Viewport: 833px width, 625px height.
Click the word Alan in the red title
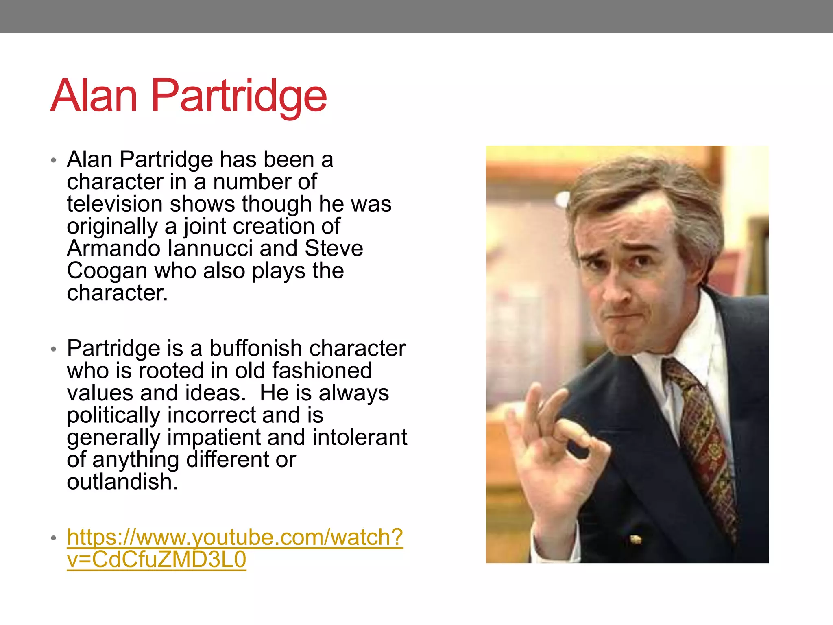pyautogui.click(x=94, y=96)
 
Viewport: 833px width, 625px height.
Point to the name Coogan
pyautogui.click(x=107, y=271)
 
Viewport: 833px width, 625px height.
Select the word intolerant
pyautogui.click(x=360, y=437)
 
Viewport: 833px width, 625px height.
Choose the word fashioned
pyautogui.click(x=322, y=371)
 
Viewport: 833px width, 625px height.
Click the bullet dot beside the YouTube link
pyautogui.click(x=53, y=538)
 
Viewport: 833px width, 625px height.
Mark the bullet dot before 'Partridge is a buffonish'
pyautogui.click(x=53, y=349)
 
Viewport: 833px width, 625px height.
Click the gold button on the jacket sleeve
pyautogui.click(x=635, y=540)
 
